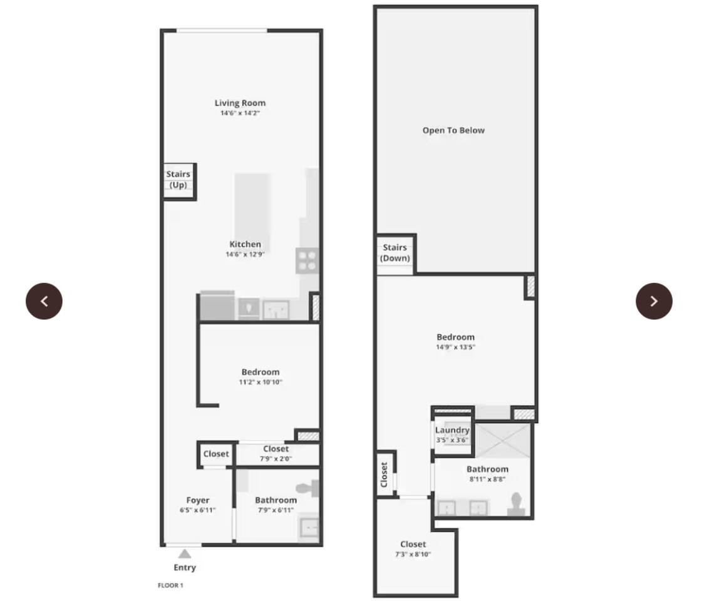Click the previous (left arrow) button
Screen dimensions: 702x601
pos(44,301)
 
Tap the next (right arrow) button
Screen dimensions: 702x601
pos(654,301)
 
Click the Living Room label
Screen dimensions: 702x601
pos(240,103)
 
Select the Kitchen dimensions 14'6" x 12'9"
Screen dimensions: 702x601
pos(245,254)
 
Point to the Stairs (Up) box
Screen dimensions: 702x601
pos(179,182)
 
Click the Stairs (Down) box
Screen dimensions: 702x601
pos(396,254)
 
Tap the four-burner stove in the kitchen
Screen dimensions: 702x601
pos(307,260)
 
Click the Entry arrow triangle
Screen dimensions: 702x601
pos(185,554)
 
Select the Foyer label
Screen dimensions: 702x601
pos(198,500)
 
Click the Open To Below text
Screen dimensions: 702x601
pos(453,130)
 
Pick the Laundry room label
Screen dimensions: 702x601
pos(452,430)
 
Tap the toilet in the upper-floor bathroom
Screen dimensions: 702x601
pos(516,503)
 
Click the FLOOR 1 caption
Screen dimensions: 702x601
pos(170,585)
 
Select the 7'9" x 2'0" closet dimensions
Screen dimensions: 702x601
pos(276,459)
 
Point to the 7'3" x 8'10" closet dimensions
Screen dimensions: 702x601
pos(413,554)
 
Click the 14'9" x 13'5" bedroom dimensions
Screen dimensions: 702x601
pos(455,347)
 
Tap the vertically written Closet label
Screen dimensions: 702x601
pos(384,475)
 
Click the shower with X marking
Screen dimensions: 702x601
pos(502,441)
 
